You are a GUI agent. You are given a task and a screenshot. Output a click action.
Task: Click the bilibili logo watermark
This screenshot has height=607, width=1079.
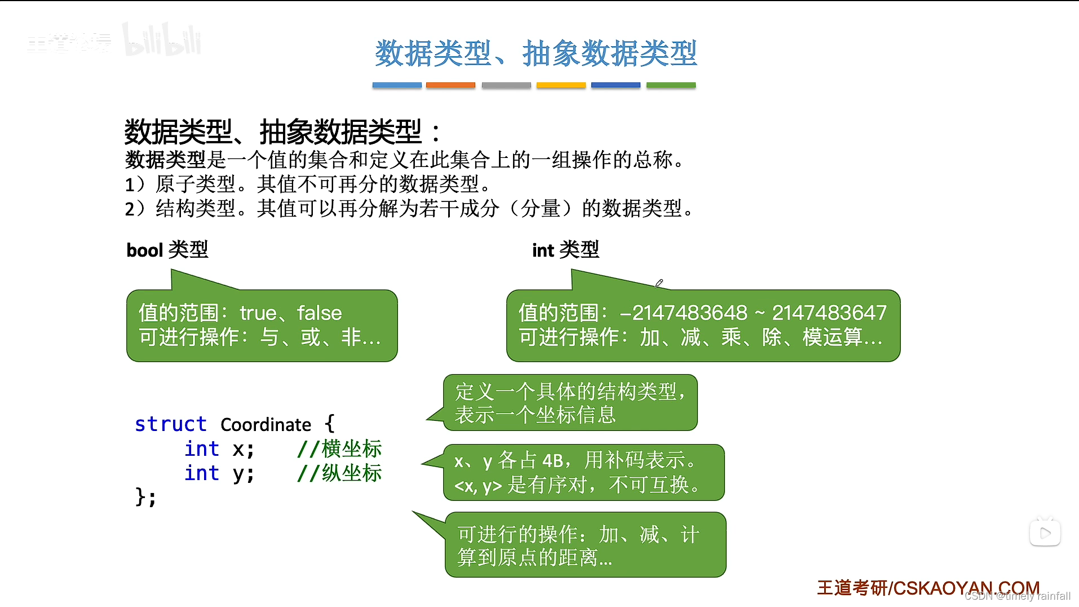pos(162,41)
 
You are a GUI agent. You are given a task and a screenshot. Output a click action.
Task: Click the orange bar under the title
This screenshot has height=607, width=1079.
pos(450,85)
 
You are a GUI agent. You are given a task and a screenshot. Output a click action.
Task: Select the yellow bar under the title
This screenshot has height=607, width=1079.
pos(561,85)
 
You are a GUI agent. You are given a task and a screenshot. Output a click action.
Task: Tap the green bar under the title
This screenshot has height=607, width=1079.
pos(671,85)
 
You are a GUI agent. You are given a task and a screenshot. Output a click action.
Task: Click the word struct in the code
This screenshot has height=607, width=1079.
pos(170,424)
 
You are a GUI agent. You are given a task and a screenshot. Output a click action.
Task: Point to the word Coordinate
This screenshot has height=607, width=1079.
pos(266,425)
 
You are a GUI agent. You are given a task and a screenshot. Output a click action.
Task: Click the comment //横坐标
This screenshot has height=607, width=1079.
pos(339,449)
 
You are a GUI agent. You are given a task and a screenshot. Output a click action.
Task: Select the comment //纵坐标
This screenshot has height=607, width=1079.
pos(339,473)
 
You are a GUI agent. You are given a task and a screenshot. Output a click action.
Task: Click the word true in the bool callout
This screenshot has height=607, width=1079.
pos(258,313)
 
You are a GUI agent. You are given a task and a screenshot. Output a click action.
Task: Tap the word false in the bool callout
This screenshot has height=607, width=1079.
pos(319,313)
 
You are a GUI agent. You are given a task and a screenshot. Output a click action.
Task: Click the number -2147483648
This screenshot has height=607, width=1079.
pos(683,313)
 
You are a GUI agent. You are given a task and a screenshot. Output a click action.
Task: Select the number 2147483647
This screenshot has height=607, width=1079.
pos(829,313)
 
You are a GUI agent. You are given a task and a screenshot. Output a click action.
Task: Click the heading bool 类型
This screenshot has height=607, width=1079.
pos(167,249)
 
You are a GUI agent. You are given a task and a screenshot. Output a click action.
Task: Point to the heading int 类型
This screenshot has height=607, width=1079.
pos(565,249)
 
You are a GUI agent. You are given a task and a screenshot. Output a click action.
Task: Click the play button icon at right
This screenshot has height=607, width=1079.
pos(1045,533)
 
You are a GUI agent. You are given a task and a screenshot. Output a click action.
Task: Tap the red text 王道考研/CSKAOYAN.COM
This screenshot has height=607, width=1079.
pos(928,588)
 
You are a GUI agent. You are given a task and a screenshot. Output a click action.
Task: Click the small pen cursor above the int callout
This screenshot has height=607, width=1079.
pos(658,283)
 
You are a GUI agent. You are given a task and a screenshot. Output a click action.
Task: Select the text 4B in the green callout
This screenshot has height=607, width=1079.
pos(552,461)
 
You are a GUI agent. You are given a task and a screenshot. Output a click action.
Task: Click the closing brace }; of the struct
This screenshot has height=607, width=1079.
pos(145,497)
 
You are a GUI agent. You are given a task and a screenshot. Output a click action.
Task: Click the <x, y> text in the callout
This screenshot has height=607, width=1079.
pos(477,486)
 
